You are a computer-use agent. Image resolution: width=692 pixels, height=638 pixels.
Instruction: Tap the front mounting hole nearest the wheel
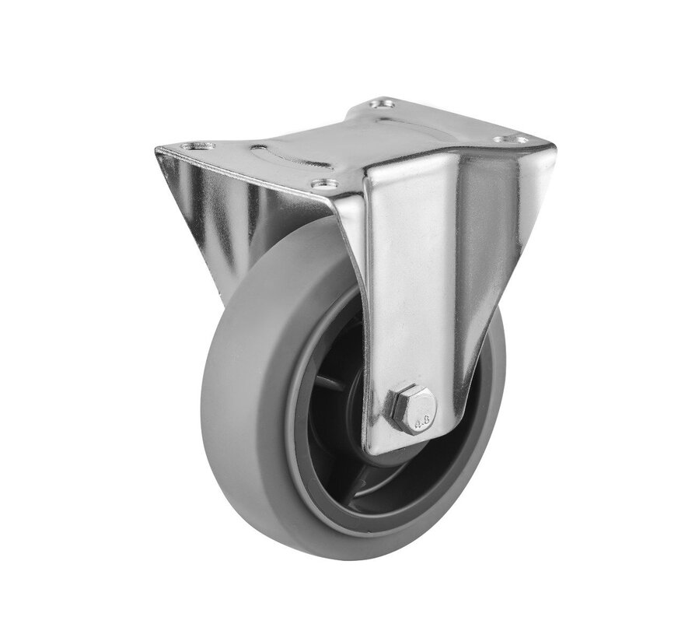325,184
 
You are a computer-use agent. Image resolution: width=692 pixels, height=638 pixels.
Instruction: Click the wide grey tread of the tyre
233,405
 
